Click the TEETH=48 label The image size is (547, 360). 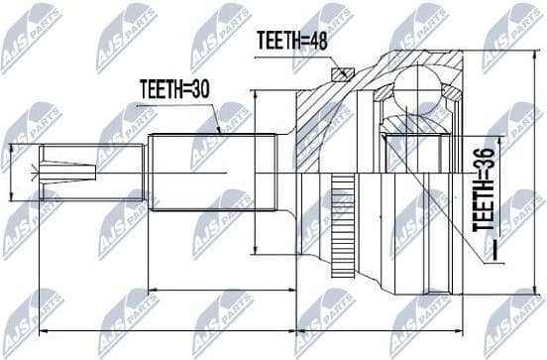pyautogui.click(x=293, y=41)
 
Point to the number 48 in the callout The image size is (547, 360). pyautogui.click(x=317, y=41)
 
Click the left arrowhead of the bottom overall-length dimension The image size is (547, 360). pyautogui.click(x=41, y=330)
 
